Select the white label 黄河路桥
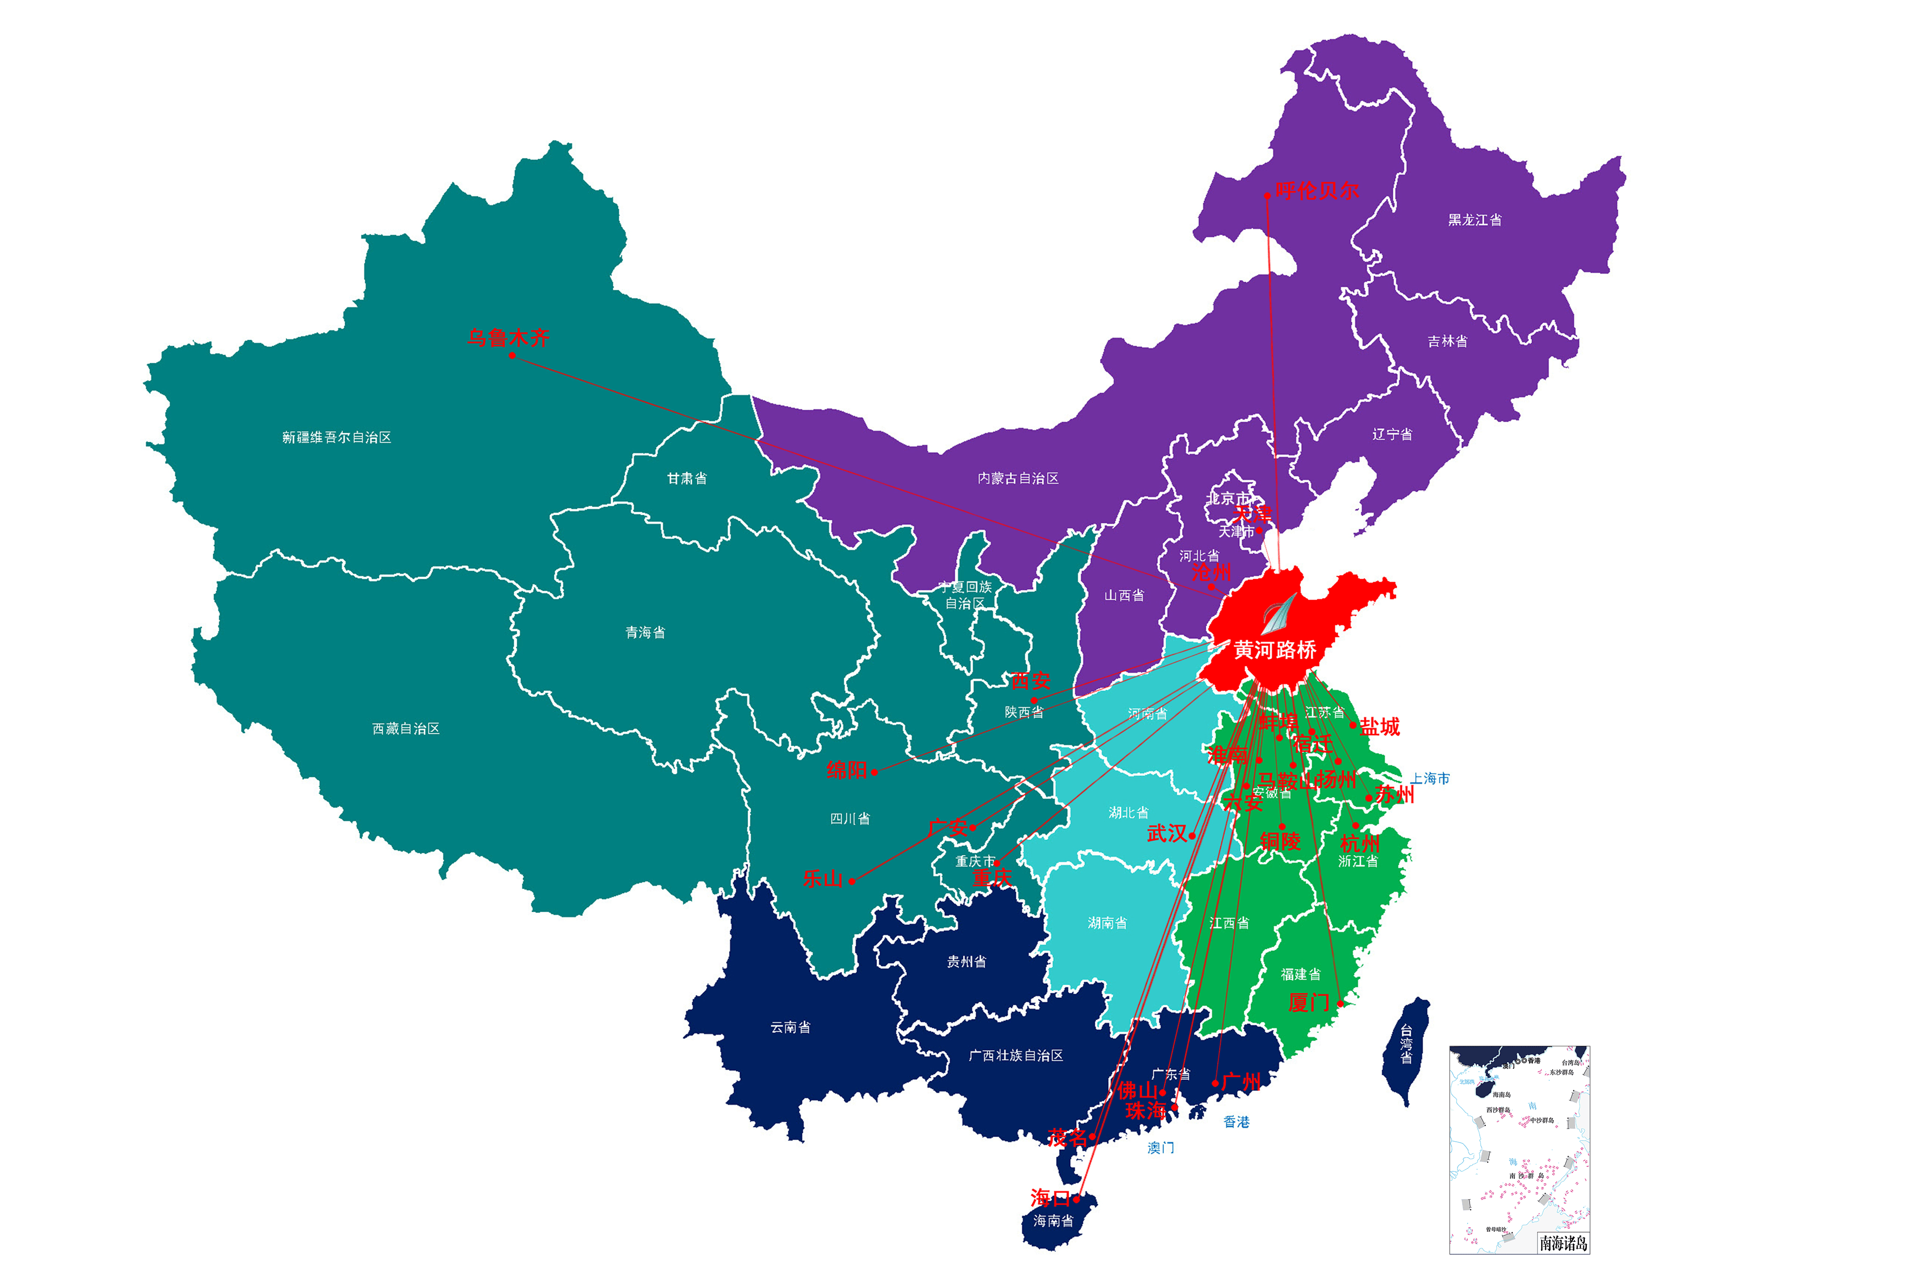tap(1274, 650)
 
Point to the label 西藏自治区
tap(406, 729)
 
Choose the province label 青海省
tap(645, 632)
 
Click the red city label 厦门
tap(1308, 1003)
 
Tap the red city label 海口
tap(1050, 1197)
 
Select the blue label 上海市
tap(1429, 778)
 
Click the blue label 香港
tap(1236, 1122)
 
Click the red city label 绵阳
tap(846, 769)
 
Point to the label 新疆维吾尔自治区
tap(337, 437)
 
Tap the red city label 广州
tap(1241, 1081)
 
